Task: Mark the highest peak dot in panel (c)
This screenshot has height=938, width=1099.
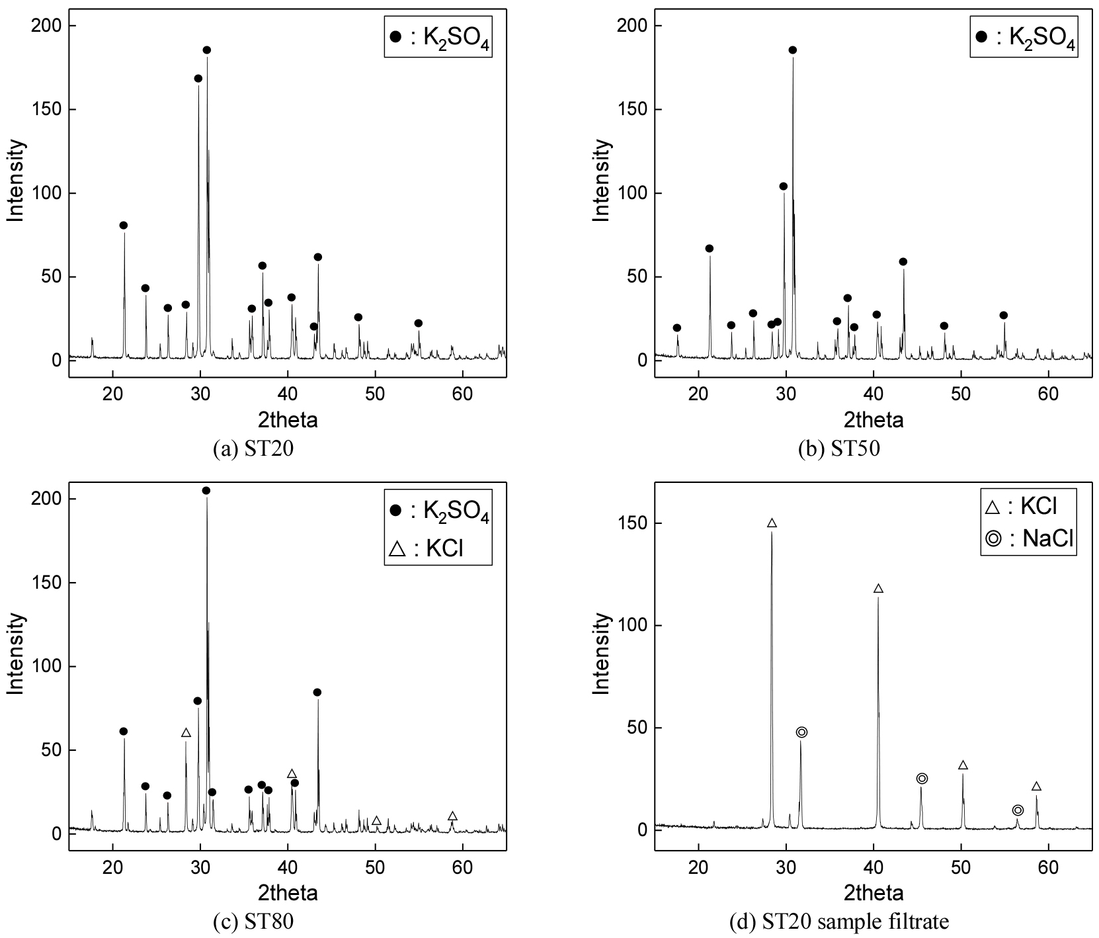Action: (206, 490)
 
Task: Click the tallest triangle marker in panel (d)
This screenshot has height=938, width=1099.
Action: (772, 523)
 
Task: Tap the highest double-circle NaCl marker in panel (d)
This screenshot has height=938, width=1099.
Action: (802, 732)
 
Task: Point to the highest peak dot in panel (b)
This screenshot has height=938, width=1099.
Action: (793, 50)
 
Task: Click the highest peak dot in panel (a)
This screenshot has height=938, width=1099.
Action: (207, 50)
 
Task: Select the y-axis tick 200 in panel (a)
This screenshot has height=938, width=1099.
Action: (46, 26)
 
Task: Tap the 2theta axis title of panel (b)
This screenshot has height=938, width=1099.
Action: (874, 419)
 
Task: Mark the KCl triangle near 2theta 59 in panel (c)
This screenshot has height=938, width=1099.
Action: (452, 816)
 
